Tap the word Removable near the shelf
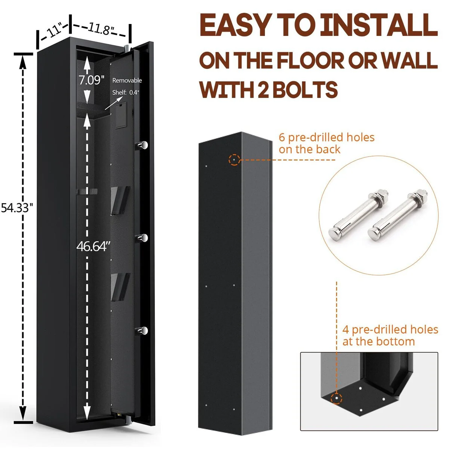coord(127,80)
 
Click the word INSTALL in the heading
coord(379,25)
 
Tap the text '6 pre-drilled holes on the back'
coord(326,143)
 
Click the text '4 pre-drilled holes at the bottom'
coord(390,335)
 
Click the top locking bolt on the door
coord(143,145)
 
